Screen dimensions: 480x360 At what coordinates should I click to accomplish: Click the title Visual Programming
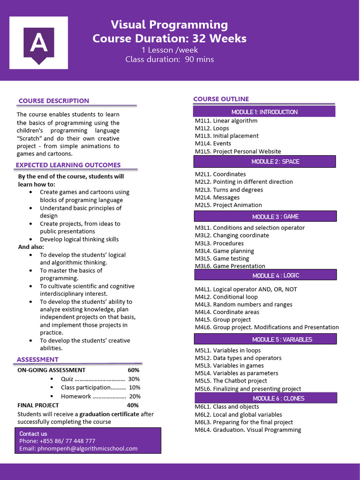(169, 25)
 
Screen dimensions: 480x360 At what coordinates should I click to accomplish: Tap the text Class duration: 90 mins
(169, 59)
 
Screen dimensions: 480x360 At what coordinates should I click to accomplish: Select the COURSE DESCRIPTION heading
(53, 101)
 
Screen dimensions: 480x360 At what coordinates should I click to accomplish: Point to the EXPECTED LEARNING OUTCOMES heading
(68, 165)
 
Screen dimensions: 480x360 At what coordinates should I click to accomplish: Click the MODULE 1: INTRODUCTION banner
(264, 112)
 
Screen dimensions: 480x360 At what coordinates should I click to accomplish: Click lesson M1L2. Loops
(212, 128)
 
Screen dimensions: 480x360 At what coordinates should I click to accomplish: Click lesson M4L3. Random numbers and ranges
(243, 305)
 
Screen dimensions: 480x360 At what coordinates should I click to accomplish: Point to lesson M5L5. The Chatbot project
(231, 381)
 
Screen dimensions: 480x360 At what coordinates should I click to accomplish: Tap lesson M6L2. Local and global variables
(238, 415)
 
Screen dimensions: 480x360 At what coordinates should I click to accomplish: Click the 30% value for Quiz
(134, 379)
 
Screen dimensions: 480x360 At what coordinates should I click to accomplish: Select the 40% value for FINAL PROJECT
(133, 405)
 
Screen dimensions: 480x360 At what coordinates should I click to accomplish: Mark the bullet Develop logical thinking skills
(79, 240)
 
